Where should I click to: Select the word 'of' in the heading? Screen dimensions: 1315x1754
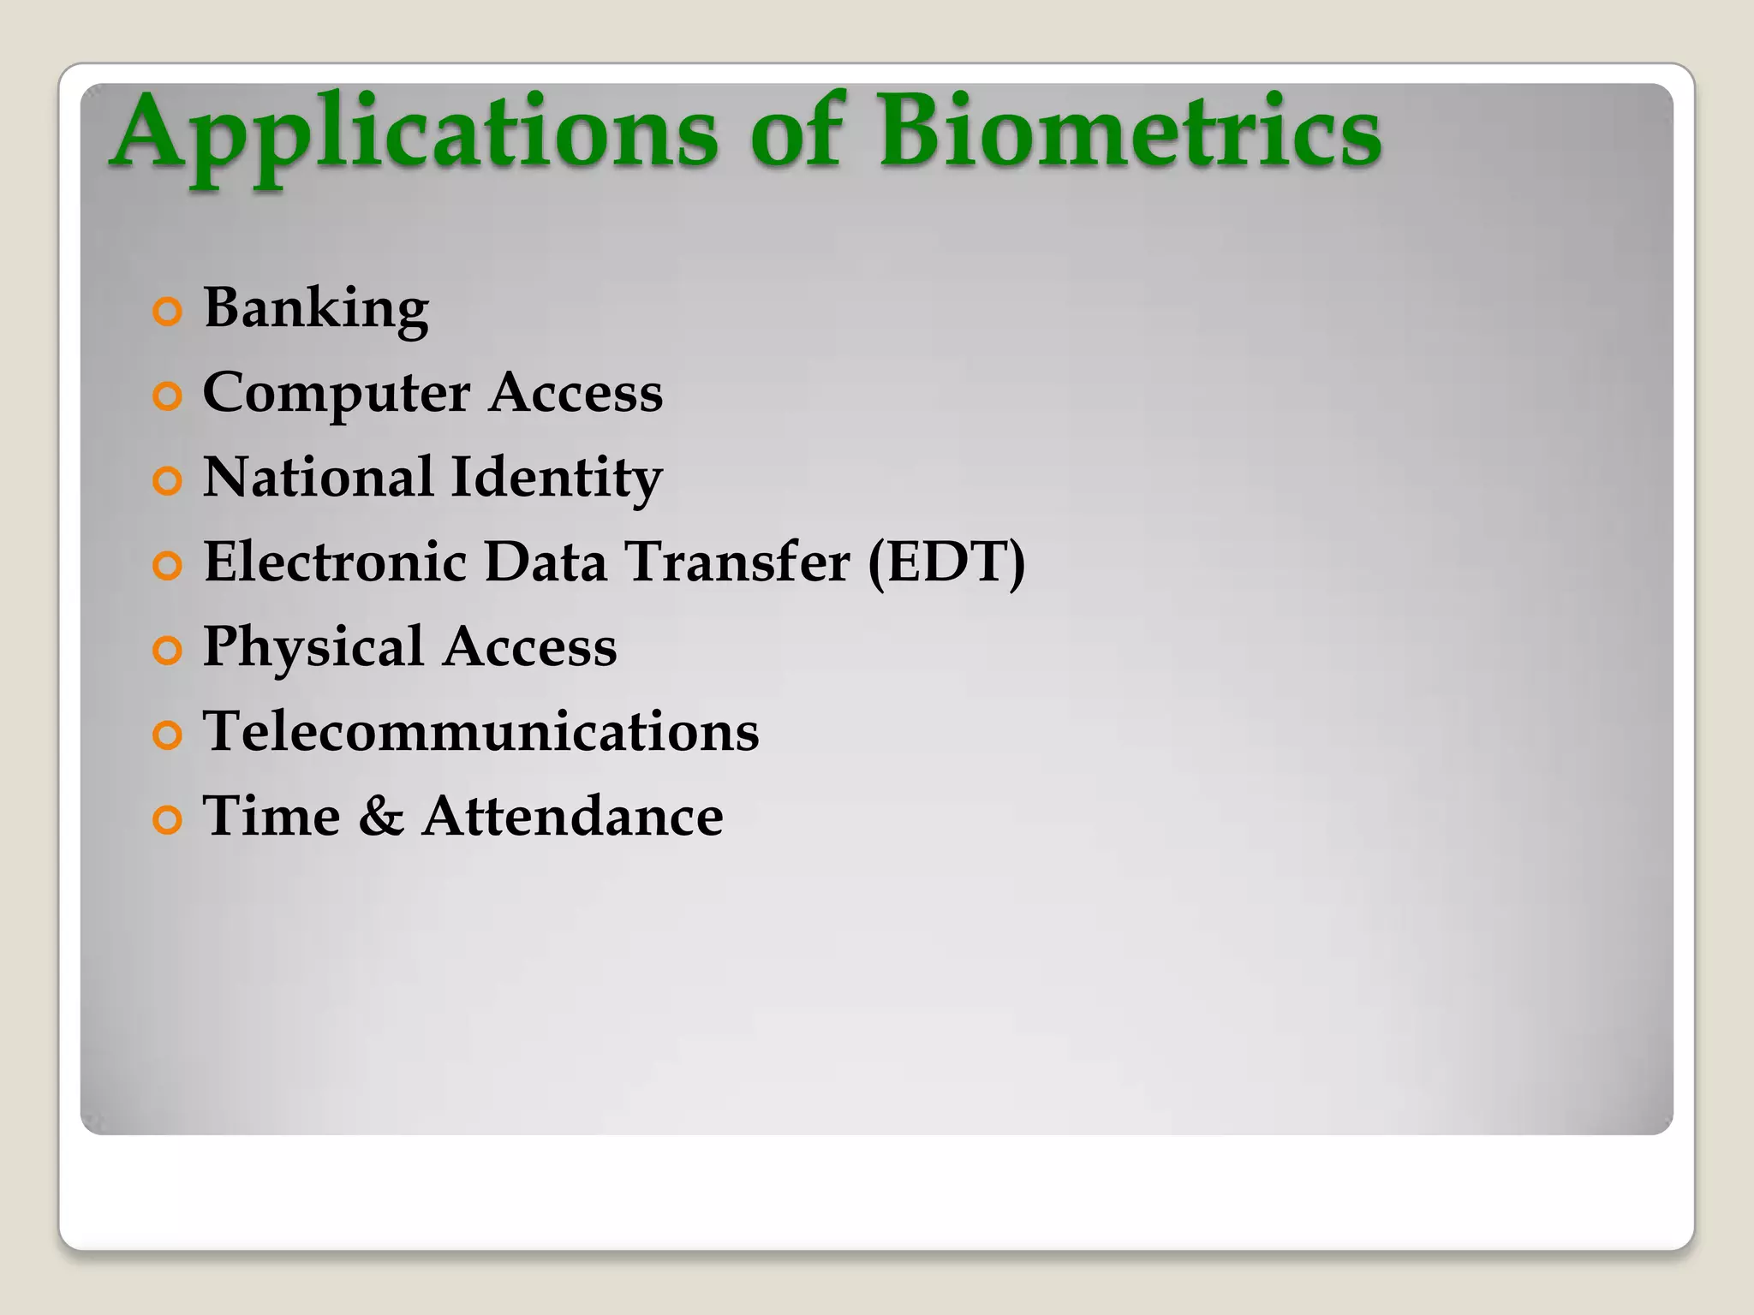[x=797, y=133]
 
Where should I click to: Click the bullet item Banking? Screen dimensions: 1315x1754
[x=316, y=308]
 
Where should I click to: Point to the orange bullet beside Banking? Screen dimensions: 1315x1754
[x=168, y=312]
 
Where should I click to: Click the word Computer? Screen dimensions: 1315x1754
[x=337, y=394]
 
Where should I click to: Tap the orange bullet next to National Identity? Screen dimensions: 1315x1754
[x=168, y=481]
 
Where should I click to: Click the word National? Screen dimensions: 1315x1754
[x=318, y=477]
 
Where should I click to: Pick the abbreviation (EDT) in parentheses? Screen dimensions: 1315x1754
[x=946, y=562]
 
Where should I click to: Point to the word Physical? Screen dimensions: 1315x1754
[x=313, y=647]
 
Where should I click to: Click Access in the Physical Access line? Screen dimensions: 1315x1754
[x=530, y=646]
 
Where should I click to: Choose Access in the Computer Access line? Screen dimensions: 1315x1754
[x=576, y=393]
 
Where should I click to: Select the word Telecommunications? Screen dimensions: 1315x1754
[x=480, y=731]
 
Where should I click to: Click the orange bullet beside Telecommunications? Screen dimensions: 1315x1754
[x=168, y=735]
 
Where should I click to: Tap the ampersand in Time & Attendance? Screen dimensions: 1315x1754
[x=381, y=816]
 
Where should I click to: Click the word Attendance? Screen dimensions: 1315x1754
[x=573, y=816]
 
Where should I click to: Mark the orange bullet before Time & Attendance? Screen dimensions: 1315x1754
[x=168, y=820]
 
